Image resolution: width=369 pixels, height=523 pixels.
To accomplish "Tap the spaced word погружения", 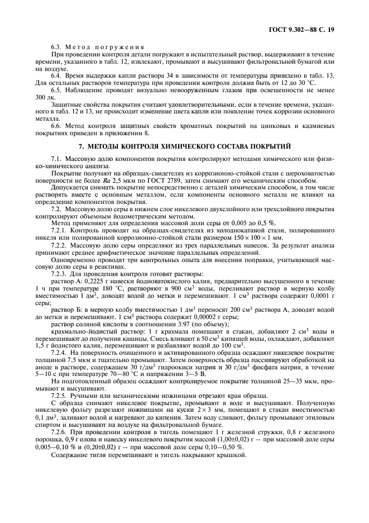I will click(x=123, y=47).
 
